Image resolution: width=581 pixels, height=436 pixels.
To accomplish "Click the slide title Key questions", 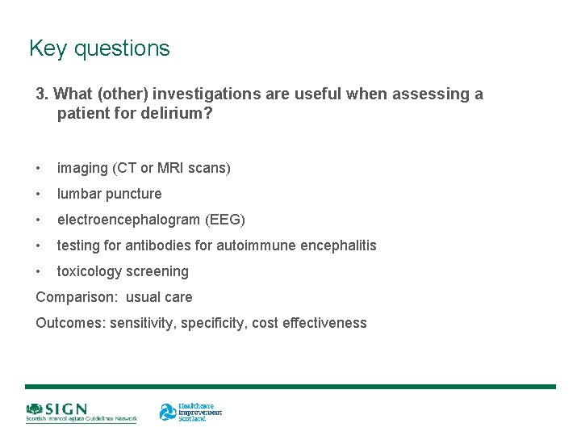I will pos(99,48).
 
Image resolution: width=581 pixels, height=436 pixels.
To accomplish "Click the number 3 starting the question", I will pos(41,94).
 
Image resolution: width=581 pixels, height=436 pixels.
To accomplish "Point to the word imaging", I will pos(82,168).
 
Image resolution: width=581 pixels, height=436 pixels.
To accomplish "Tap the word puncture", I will pos(134,194).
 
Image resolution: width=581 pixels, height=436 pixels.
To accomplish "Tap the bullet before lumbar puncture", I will pos(39,194).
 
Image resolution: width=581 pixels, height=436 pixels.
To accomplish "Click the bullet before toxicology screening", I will pos(39,271).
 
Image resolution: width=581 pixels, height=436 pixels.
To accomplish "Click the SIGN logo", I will pos(81,413).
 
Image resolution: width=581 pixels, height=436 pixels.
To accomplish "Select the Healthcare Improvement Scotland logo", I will pos(190,412).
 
